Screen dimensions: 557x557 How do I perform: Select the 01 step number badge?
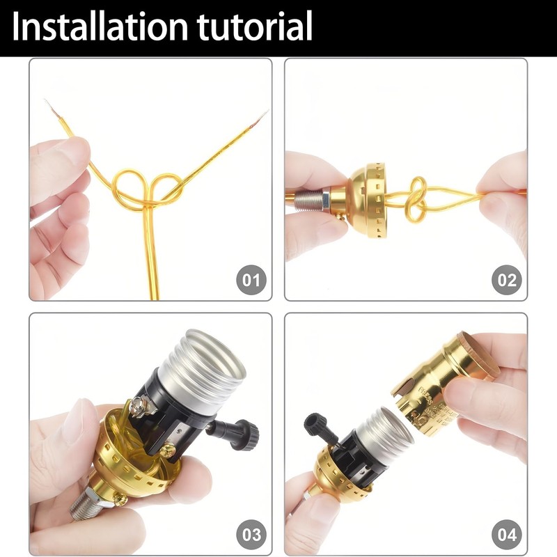[251, 281]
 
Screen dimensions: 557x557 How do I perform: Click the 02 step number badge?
[506, 281]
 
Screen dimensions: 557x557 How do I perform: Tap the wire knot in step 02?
[416, 198]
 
